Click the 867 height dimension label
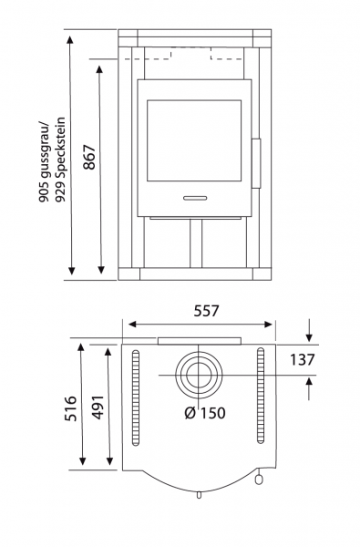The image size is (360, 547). (89, 157)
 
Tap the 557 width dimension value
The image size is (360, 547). (207, 311)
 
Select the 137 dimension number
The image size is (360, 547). (302, 360)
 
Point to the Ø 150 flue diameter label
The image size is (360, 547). (205, 413)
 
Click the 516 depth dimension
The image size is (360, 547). (70, 408)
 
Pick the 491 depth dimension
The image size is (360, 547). (98, 408)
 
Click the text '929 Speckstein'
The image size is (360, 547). (60, 160)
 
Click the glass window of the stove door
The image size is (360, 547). (194, 140)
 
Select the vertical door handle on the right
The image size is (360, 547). (256, 163)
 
